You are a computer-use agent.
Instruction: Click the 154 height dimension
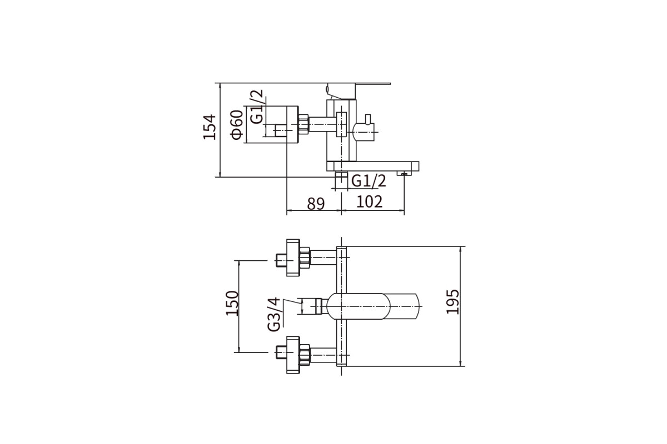coord(210,127)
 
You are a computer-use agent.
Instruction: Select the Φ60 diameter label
coord(237,125)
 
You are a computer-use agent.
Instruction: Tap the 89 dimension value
coord(316,204)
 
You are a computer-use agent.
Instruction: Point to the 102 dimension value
coord(369,202)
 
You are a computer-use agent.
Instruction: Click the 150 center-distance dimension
coord(232,303)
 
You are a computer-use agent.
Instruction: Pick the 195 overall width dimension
coord(452,301)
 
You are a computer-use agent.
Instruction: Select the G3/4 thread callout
coord(273,314)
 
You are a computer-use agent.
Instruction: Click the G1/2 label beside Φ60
coord(257,107)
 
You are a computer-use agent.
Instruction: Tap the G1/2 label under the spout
coord(369,180)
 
